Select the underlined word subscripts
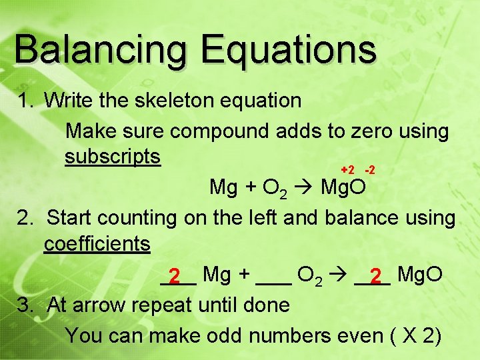tap(113, 157)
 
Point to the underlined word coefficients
tap(97, 244)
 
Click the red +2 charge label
tap(347, 171)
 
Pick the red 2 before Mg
tap(175, 275)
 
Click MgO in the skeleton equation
tap(343, 187)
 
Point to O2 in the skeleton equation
tap(276, 189)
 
